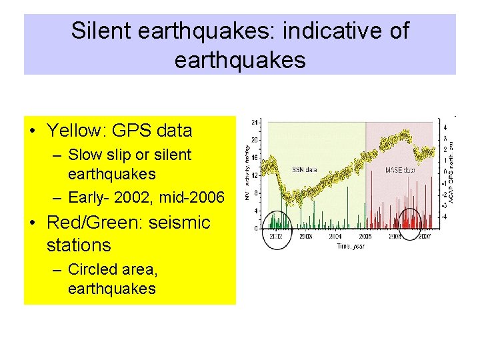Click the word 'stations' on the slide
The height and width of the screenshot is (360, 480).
pos(79,245)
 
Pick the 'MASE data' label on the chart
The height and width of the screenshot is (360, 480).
pos(400,170)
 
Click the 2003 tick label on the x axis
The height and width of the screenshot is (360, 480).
pos(305,236)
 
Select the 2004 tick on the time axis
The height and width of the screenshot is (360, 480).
pos(335,236)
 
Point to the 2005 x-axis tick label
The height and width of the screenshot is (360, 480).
pos(365,236)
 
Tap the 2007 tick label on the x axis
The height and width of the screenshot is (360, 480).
pos(425,236)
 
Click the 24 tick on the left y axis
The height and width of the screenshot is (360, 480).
pos(255,123)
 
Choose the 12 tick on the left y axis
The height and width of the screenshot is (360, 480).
pos(255,175)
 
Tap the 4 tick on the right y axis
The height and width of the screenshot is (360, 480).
pos(445,126)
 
